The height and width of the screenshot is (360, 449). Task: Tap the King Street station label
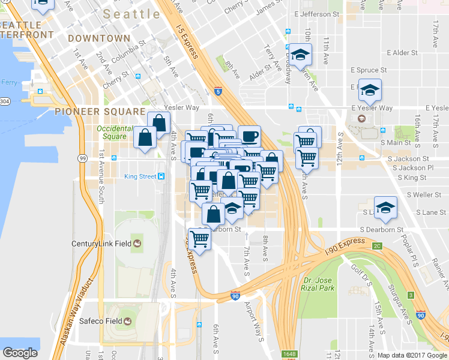pyautogui.click(x=139, y=176)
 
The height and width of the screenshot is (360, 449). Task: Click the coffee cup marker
pyautogui.click(x=249, y=136)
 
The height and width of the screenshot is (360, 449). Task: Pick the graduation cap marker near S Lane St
pyautogui.click(x=385, y=207)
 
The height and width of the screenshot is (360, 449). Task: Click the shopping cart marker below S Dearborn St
pyautogui.click(x=199, y=239)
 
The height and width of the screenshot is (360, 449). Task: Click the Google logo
pyautogui.click(x=20, y=353)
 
